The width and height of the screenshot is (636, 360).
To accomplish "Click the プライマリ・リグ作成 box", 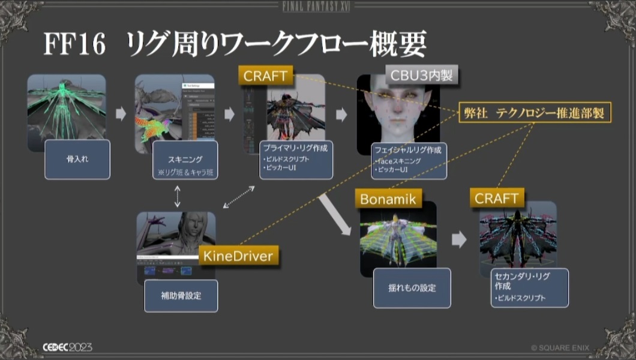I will tap(296, 160).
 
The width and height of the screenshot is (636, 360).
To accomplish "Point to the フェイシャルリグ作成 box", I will tap(408, 160).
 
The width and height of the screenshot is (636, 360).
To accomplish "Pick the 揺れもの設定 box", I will tap(412, 288).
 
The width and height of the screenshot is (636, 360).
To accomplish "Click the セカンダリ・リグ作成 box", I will tap(529, 287).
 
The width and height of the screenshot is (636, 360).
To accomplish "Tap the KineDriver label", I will tap(238, 256).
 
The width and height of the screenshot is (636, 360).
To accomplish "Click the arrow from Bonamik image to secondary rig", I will tap(459, 240).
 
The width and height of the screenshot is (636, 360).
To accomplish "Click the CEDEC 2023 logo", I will tap(67, 347).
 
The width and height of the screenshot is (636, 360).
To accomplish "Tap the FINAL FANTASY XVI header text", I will tap(318, 7).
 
